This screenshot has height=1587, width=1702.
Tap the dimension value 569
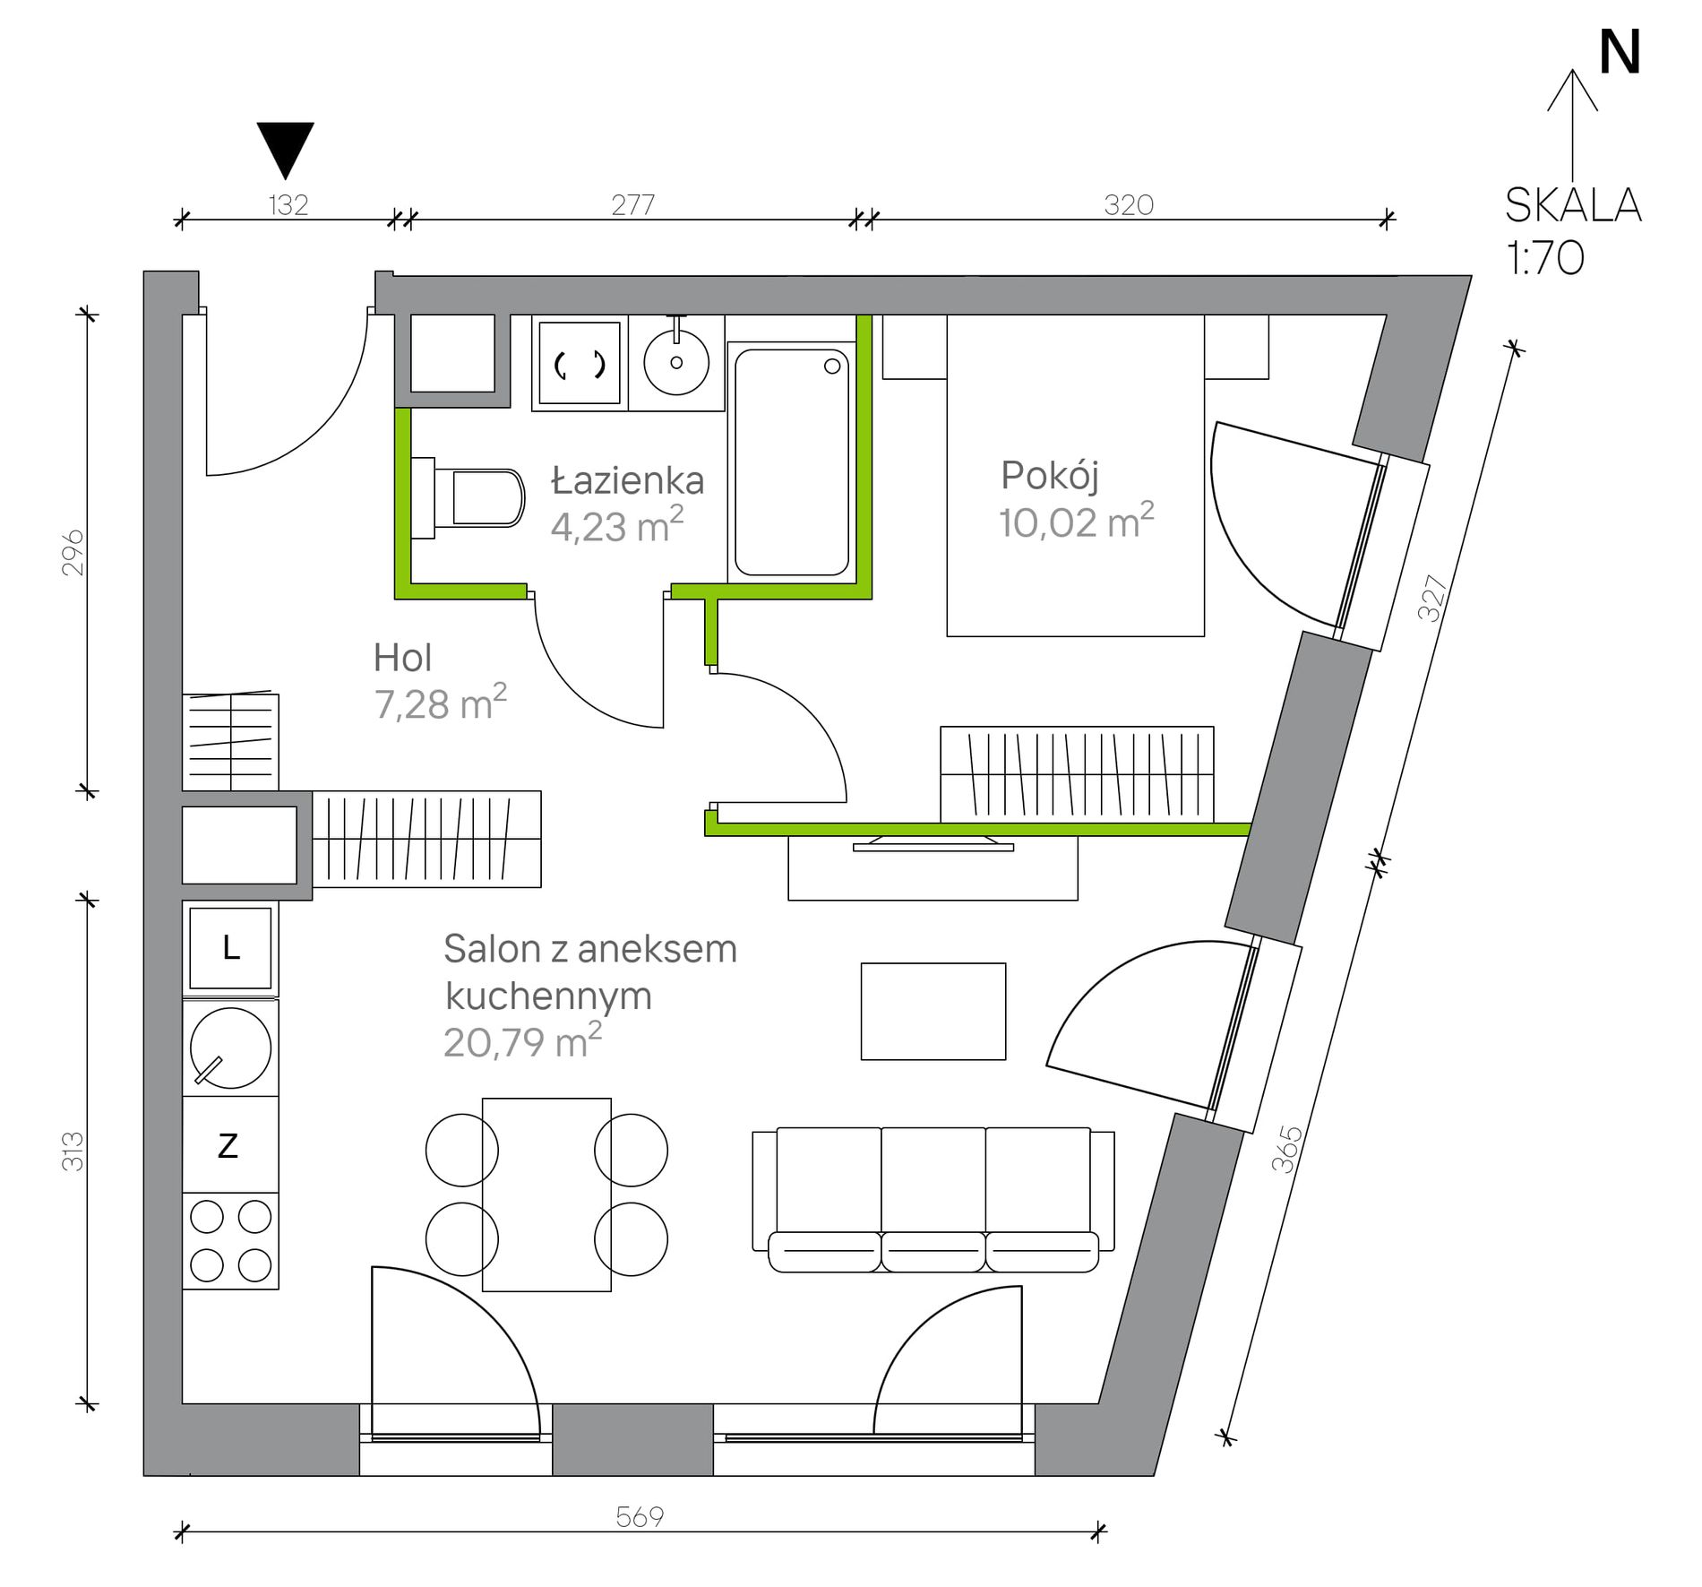tap(640, 1516)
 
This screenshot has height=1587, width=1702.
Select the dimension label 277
tap(632, 205)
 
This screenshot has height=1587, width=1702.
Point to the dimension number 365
tap(1286, 1150)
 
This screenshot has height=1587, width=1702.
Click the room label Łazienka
tap(627, 481)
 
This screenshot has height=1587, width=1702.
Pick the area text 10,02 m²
tap(1076, 522)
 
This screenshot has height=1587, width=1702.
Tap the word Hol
tap(402, 659)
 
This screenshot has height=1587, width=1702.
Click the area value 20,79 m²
tap(522, 1042)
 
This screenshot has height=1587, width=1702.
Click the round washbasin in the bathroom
tap(676, 362)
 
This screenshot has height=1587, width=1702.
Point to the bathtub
tap(791, 461)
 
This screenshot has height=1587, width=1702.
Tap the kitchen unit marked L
tap(231, 948)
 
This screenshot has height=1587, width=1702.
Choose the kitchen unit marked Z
tap(229, 1145)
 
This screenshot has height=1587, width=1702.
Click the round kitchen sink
tap(230, 1048)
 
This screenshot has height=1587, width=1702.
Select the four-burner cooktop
tap(230, 1241)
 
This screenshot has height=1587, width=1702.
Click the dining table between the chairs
tap(546, 1194)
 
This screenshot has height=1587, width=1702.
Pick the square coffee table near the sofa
tap(933, 1011)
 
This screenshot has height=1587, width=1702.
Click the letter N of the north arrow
tap(1620, 54)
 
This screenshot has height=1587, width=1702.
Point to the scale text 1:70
tap(1545, 259)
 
